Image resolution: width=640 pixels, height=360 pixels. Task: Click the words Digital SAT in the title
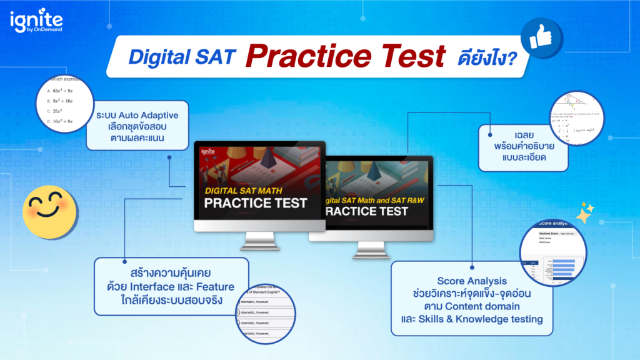pyautogui.click(x=182, y=57)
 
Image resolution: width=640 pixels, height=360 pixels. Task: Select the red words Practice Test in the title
pyautogui.click(x=344, y=56)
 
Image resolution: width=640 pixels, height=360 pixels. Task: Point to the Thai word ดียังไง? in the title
pyautogui.click(x=484, y=57)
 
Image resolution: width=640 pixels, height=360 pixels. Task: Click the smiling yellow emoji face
pyautogui.click(x=49, y=210)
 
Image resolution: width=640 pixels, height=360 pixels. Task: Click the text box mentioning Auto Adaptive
pyautogui.click(x=137, y=126)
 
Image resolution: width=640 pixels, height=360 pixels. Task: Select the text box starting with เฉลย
pyautogui.click(x=523, y=147)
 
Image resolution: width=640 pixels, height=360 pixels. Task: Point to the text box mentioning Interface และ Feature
pyautogui.click(x=171, y=287)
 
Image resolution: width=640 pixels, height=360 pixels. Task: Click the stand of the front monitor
pyautogui.click(x=260, y=241)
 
